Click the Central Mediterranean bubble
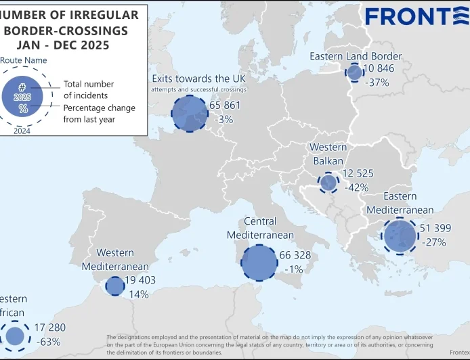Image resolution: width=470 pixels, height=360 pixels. [x=259, y=262]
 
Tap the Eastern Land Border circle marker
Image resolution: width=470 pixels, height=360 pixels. [x=354, y=73]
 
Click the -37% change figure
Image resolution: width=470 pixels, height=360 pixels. [x=377, y=83]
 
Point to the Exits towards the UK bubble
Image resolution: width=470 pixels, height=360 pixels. [x=189, y=113]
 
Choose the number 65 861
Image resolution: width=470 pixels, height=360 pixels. [x=226, y=106]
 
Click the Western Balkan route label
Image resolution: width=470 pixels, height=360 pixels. [x=328, y=154]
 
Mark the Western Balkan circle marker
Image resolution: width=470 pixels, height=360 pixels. [x=328, y=182]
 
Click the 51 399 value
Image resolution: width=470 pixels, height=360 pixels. [x=435, y=229]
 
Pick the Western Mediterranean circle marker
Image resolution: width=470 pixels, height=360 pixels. [x=115, y=286]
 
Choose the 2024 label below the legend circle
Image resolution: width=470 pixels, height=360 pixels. [x=22, y=131]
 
